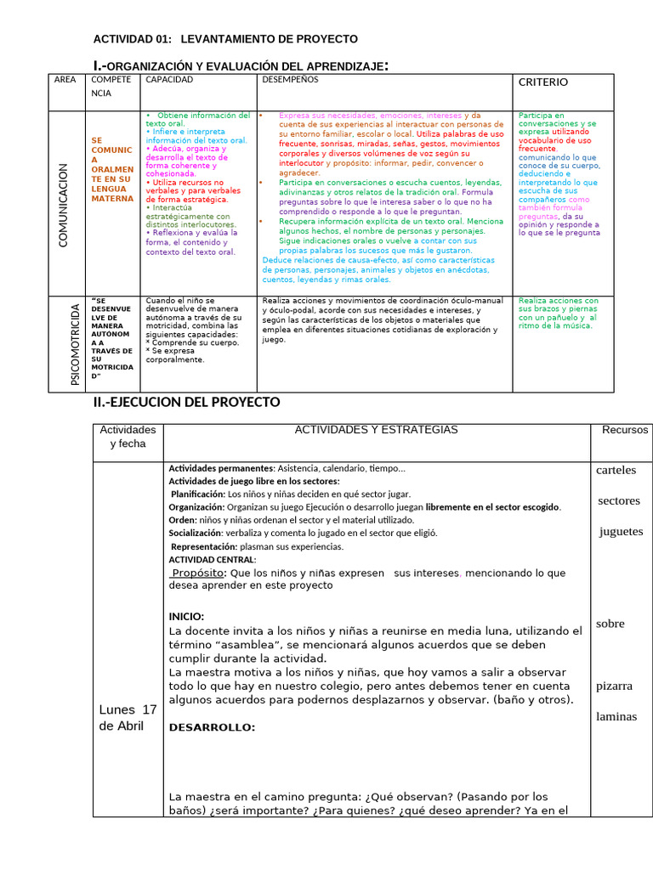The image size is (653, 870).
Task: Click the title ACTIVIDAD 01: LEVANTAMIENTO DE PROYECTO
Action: point(224,39)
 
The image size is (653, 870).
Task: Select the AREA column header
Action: point(65,80)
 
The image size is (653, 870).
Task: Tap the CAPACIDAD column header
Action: point(169,80)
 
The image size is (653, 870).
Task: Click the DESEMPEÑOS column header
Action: point(290,80)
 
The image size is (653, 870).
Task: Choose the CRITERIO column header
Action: point(543,82)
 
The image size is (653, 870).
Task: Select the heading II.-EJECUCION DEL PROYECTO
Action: point(186,402)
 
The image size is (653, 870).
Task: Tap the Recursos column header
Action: point(625,430)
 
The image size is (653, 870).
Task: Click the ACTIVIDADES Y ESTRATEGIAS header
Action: point(376,430)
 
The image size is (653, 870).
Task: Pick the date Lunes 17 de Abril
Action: point(128,717)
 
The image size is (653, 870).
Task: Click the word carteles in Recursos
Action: point(616,471)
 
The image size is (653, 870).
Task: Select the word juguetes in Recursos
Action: point(621,532)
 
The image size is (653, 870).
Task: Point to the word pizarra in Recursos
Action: point(614,686)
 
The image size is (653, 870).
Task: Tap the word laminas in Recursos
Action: point(616,716)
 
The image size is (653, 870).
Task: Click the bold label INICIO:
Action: point(186,617)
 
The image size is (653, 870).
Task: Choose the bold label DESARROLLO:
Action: point(212,727)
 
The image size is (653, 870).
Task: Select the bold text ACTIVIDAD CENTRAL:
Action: point(212,560)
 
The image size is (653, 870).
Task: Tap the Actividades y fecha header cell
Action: point(128,437)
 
